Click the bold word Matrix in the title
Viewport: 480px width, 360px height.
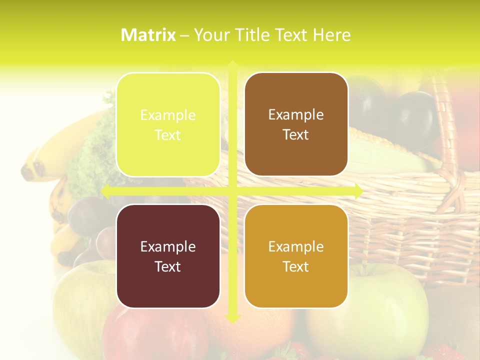tap(148, 35)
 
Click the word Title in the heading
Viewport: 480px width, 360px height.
tap(253, 35)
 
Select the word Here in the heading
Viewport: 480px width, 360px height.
tap(331, 35)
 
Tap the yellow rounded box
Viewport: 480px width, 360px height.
tap(168, 124)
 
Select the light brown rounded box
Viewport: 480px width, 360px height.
tap(296, 124)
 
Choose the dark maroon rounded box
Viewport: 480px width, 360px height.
tap(168, 256)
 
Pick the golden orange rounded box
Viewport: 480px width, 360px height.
tap(296, 256)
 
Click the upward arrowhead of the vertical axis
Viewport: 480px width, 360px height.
tap(232, 65)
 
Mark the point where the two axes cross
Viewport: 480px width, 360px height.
tap(232, 190)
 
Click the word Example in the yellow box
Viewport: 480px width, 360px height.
tap(168, 115)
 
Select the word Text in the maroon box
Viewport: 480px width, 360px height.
tap(168, 266)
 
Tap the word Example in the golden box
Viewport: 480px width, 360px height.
tap(296, 246)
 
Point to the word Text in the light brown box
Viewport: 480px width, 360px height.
tap(296, 134)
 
